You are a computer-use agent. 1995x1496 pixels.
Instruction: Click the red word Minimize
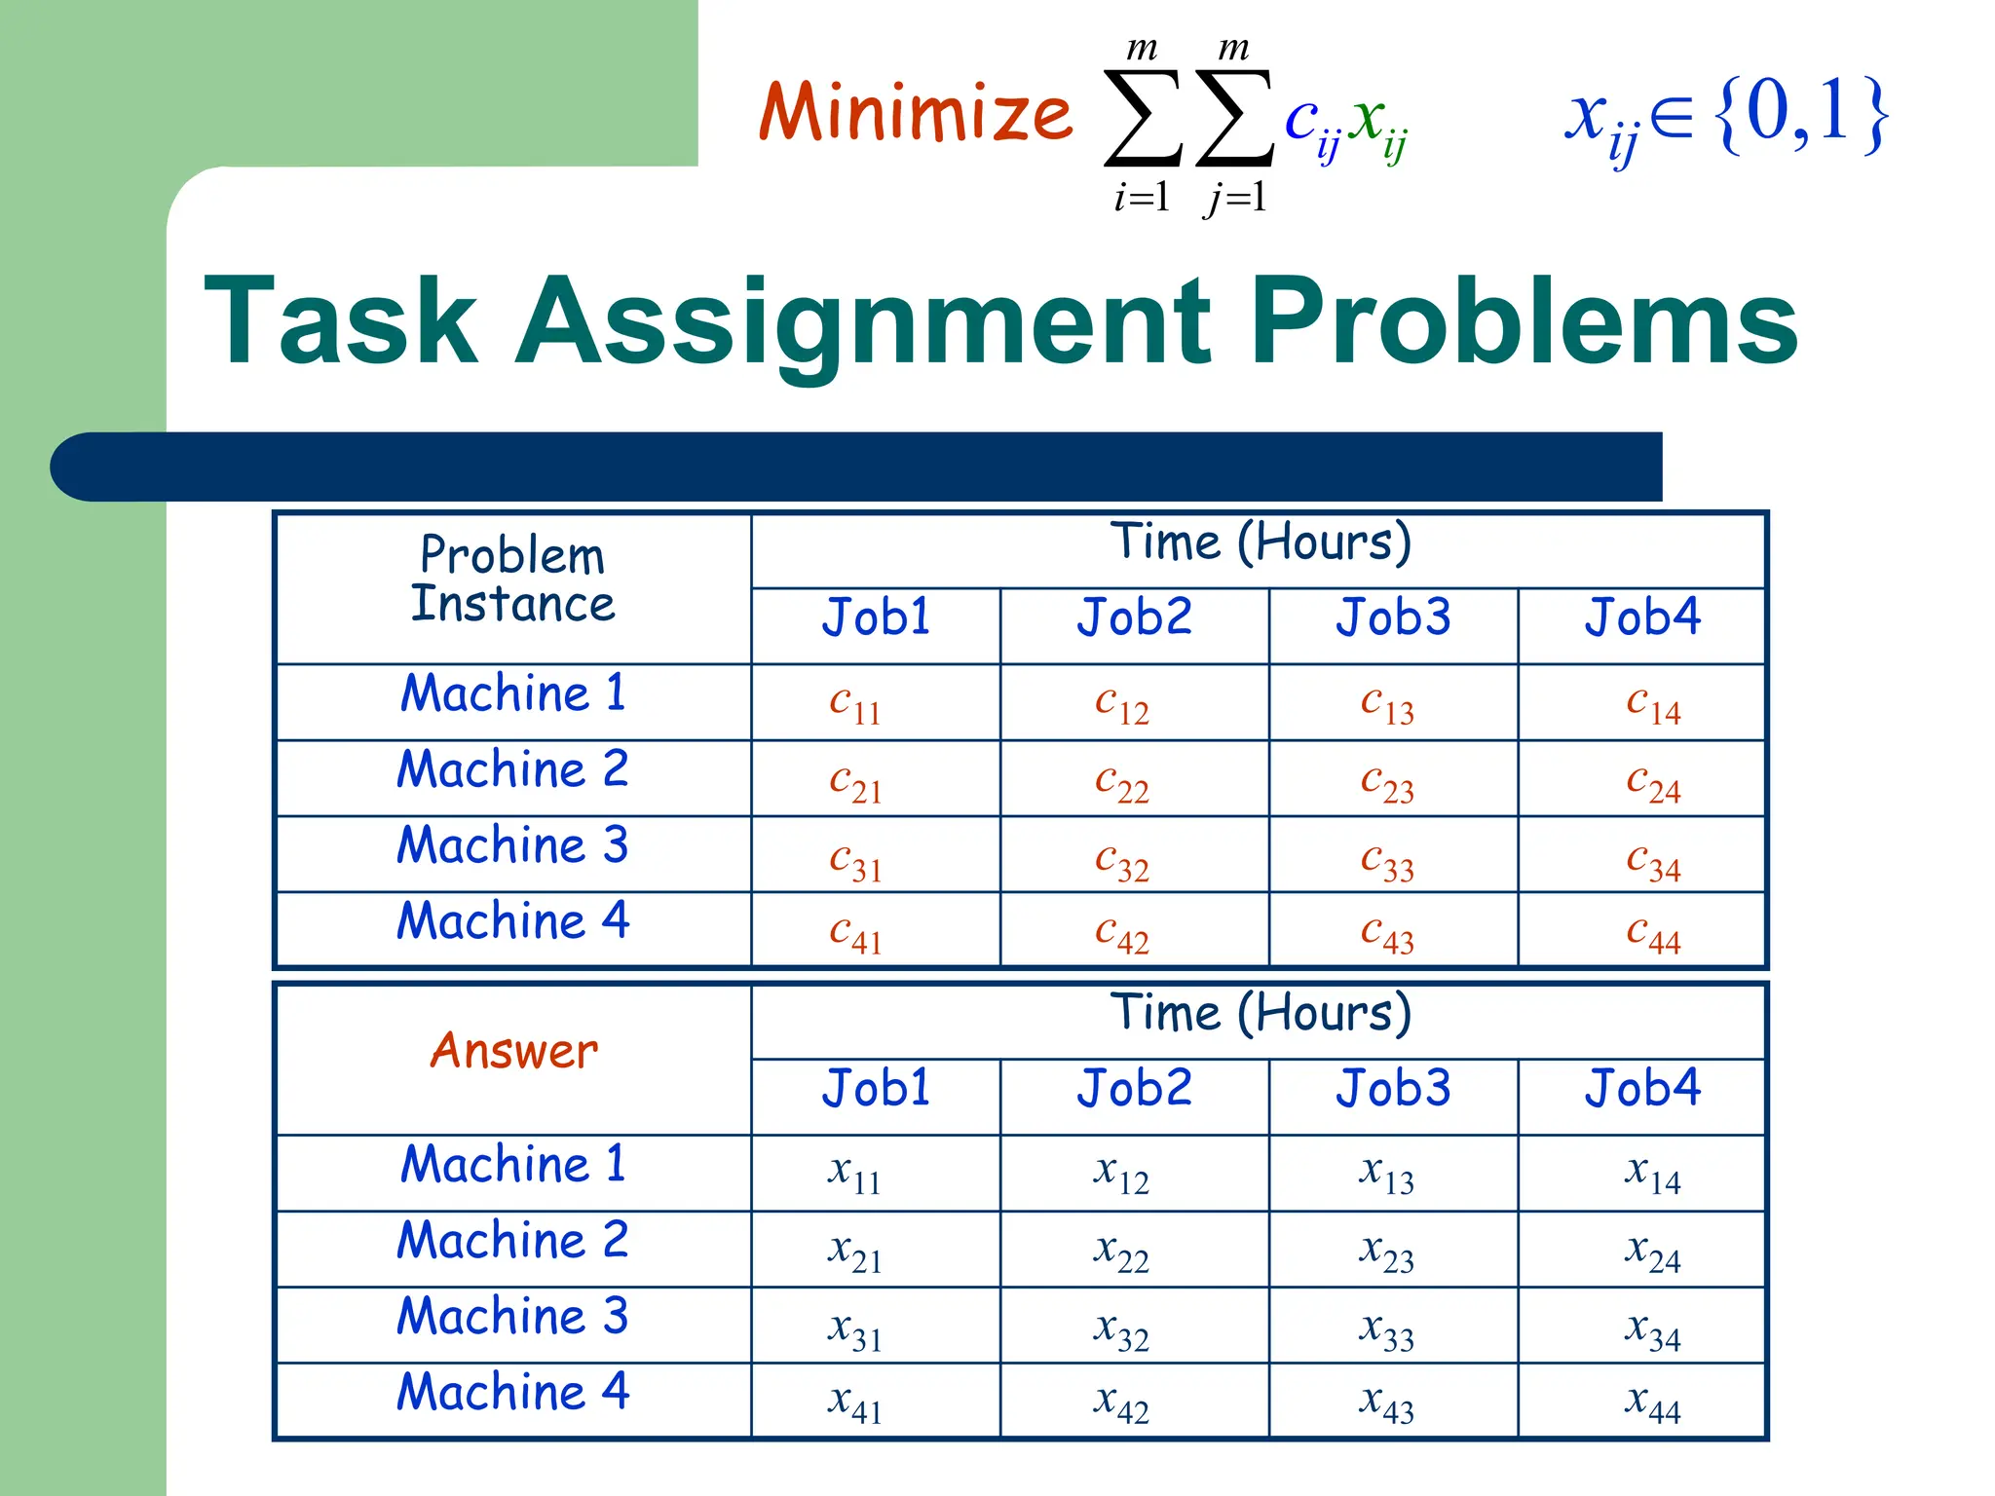click(915, 114)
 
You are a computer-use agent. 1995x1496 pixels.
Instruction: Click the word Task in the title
click(341, 321)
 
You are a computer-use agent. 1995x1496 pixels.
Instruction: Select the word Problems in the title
click(1524, 321)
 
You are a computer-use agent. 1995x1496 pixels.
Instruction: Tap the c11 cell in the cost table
click(855, 704)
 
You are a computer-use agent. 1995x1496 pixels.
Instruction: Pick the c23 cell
click(1387, 782)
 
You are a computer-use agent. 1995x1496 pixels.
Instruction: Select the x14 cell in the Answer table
click(1652, 1174)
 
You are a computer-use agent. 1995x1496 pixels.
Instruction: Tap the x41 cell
click(854, 1403)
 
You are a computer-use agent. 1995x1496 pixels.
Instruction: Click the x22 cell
click(1121, 1252)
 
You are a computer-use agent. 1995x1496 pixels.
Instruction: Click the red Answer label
click(514, 1051)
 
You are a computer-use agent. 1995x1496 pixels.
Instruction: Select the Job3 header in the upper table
click(1393, 617)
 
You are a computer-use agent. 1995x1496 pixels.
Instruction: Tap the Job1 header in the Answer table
click(876, 1088)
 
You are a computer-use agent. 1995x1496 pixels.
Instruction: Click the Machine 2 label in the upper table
click(512, 769)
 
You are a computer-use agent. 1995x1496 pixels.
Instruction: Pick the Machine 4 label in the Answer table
click(512, 1391)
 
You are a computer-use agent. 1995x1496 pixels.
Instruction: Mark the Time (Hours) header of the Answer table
click(1261, 1013)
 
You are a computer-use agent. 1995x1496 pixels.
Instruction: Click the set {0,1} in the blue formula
click(1802, 114)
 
